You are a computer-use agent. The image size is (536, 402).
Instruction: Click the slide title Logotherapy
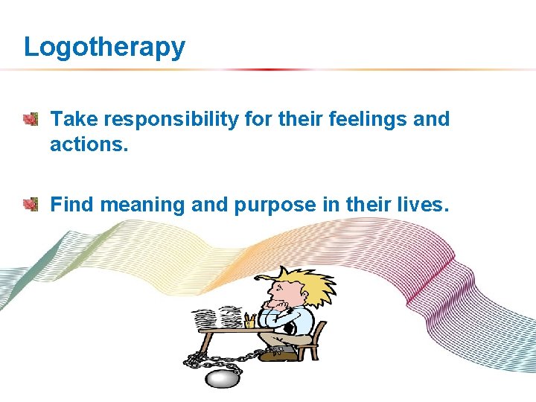(x=104, y=47)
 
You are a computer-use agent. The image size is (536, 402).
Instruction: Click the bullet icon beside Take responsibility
(x=30, y=118)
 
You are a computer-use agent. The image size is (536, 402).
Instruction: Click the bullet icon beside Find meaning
(x=30, y=204)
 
